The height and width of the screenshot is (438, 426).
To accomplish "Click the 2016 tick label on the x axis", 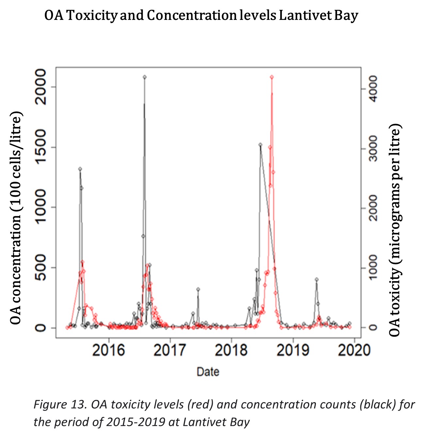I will pos(109,350).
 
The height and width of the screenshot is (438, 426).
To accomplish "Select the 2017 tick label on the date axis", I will pos(170,350).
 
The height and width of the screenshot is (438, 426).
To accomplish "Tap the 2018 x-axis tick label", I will pos(231,350).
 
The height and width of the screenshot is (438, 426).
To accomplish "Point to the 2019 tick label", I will pos(293,350).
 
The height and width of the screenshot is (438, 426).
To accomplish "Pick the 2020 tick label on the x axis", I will pos(354,350).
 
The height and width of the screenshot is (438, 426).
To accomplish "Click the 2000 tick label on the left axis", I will pos(41,87).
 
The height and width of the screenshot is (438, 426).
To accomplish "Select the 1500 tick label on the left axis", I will pos(41,147).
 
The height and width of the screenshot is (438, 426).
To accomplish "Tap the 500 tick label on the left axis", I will pos(41,267).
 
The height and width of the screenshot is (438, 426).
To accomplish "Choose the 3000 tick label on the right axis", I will pos(370,149).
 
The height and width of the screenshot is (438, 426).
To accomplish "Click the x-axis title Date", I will pos(208,372).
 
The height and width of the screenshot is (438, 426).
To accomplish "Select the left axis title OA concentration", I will pos(16,218).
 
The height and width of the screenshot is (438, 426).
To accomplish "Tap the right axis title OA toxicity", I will pos(395,230).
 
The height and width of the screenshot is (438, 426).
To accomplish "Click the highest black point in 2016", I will pos(144,77).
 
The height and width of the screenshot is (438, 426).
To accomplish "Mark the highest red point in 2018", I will pos(271,77).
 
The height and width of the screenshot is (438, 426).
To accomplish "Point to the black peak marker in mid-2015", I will pos(80,169).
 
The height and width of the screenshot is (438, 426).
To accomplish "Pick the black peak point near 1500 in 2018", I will pos(260,144).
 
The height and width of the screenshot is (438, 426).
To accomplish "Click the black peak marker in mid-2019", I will pos(317,279).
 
